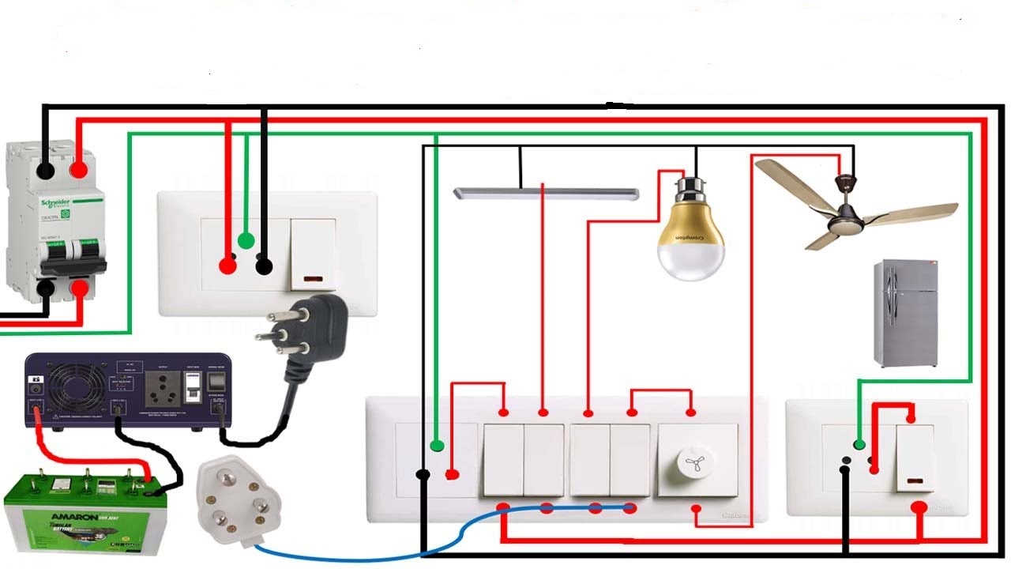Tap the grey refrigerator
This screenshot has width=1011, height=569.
click(x=905, y=313)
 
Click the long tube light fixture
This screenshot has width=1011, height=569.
click(x=546, y=193)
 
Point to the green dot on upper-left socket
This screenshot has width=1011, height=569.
click(x=246, y=240)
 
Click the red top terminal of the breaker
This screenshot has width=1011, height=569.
click(x=78, y=170)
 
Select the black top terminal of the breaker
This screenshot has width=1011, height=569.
click(x=46, y=170)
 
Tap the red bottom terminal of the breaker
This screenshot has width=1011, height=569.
click(x=80, y=288)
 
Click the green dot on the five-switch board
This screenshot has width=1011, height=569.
click(x=436, y=447)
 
